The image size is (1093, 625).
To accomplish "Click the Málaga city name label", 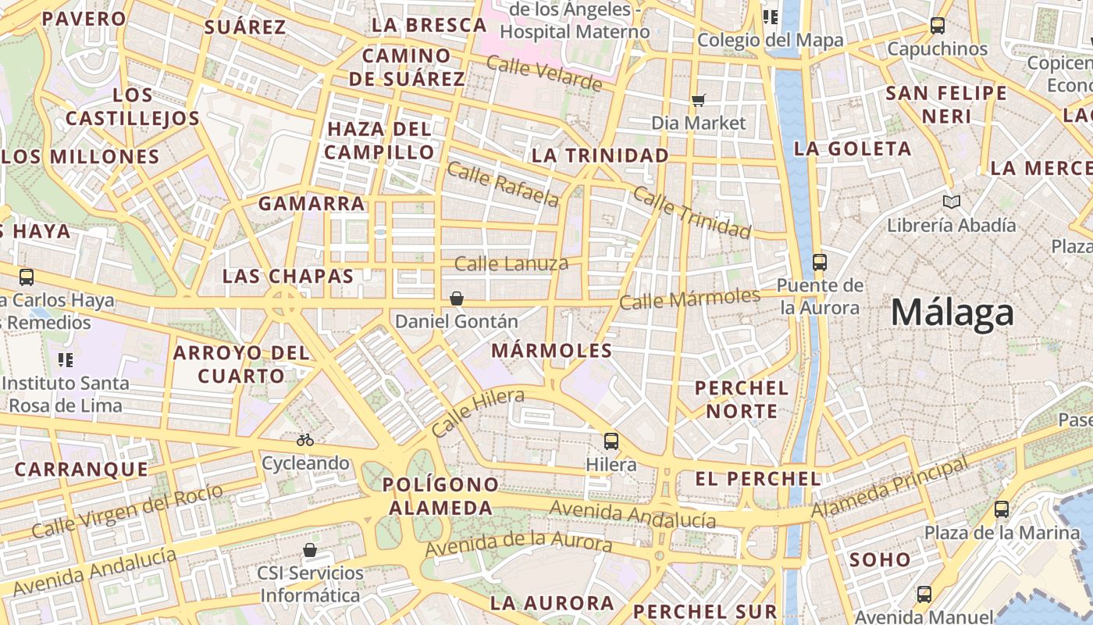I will pyautogui.click(x=952, y=313).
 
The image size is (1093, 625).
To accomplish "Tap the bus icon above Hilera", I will pyautogui.click(x=611, y=441).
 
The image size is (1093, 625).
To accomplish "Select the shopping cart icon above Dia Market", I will pyautogui.click(x=699, y=100).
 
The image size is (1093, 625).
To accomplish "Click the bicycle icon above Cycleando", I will pyautogui.click(x=305, y=440).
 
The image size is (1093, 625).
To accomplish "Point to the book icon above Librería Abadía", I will pyautogui.click(x=951, y=202).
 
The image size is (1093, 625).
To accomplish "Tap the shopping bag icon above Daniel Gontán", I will pyautogui.click(x=457, y=298).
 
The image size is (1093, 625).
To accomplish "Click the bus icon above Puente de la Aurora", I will pyautogui.click(x=820, y=262).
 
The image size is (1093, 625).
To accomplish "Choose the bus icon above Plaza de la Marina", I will pyautogui.click(x=1002, y=510).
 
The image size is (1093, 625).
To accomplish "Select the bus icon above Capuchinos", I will pyautogui.click(x=938, y=26).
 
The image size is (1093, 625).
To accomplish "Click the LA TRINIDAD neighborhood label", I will pyautogui.click(x=600, y=155).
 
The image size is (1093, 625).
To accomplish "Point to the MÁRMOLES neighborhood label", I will pyautogui.click(x=552, y=351).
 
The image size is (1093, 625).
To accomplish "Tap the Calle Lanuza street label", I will pyautogui.click(x=511, y=264).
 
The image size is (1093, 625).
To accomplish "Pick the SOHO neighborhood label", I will pyautogui.click(x=880, y=559).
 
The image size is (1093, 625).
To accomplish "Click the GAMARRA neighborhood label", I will pyautogui.click(x=312, y=204).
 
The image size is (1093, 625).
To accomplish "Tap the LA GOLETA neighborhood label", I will pyautogui.click(x=853, y=148).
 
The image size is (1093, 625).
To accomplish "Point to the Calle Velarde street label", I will pyautogui.click(x=544, y=73).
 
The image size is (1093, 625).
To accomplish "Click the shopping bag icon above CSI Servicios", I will pyautogui.click(x=310, y=550).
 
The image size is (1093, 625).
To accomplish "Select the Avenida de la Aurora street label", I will pyautogui.click(x=518, y=544).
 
